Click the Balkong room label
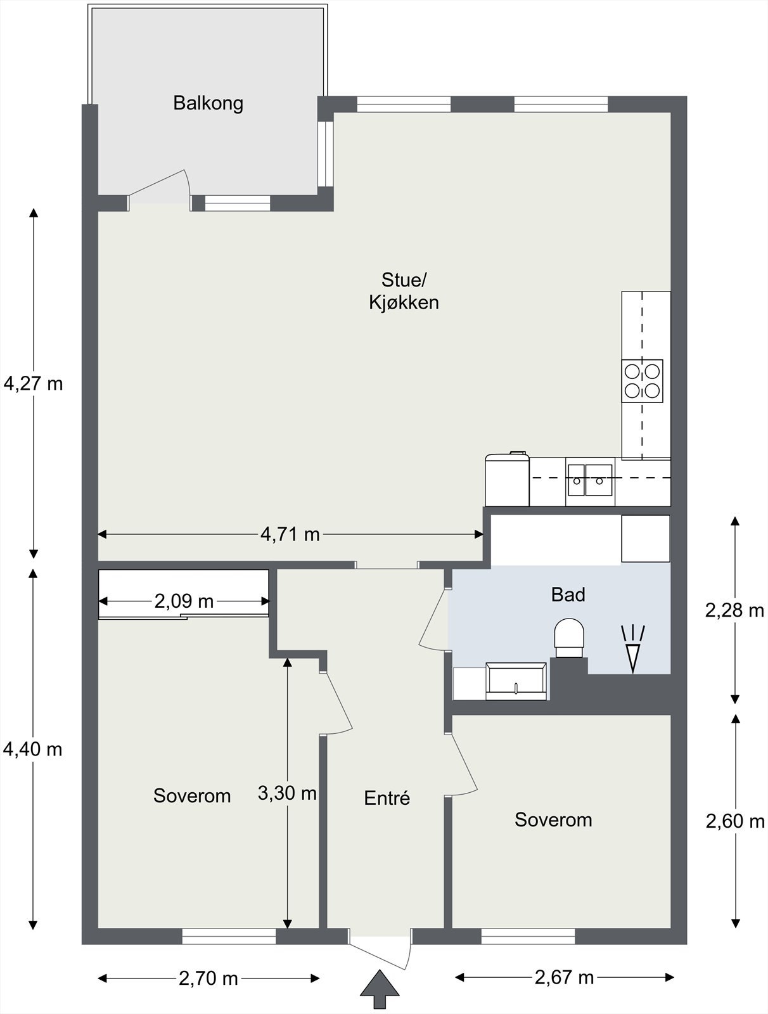[x=208, y=103]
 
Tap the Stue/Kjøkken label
[x=404, y=291]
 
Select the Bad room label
[x=568, y=594]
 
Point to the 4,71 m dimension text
[x=290, y=534]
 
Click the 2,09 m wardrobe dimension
[x=184, y=601]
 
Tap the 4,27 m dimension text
[x=33, y=383]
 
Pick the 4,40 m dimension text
[x=33, y=749]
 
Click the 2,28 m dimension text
[x=734, y=611]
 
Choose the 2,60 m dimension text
[x=735, y=821]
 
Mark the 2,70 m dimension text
[x=208, y=979]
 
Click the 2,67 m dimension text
[x=565, y=977]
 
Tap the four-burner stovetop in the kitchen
[x=642, y=381]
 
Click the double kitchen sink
[x=590, y=480]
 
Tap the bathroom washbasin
[x=516, y=681]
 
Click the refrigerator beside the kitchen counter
[x=507, y=479]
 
